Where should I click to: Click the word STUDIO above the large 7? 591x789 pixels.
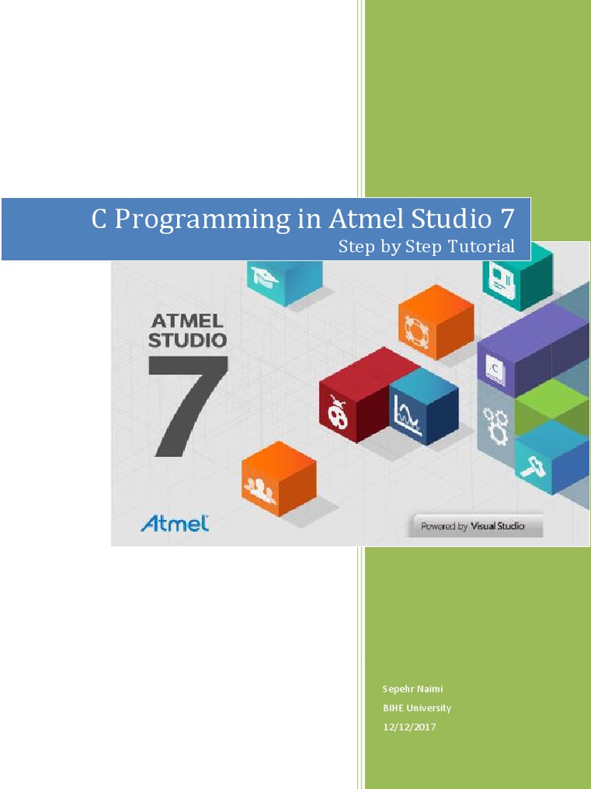188,340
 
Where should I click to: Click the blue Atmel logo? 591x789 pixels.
175,524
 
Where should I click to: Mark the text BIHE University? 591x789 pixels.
417,708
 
